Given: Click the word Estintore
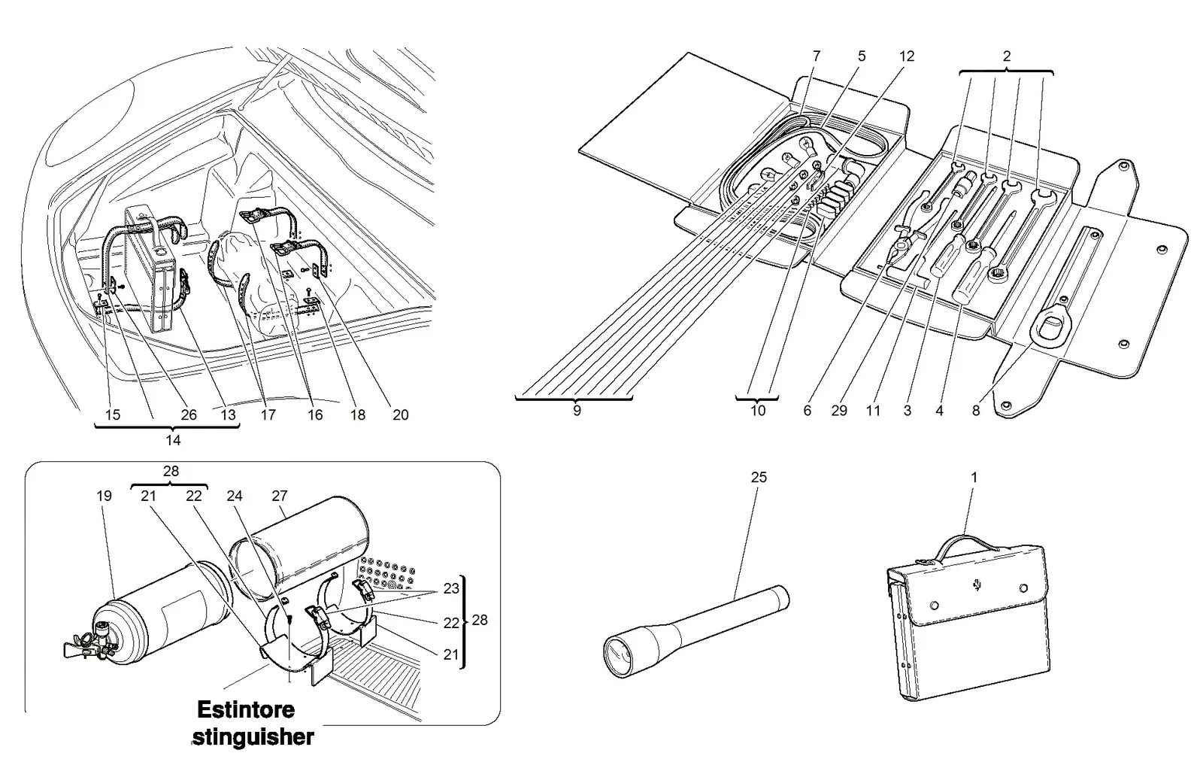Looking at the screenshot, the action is click(246, 709).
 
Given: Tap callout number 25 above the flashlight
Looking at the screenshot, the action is click(759, 477).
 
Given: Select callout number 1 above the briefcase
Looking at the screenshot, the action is click(974, 477).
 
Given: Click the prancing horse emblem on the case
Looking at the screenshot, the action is click(977, 584).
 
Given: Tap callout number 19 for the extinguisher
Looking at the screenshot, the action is click(105, 496).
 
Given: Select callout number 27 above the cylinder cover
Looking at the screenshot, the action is click(279, 496).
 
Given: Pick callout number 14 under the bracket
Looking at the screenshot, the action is click(173, 440).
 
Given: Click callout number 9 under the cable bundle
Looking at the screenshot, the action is click(577, 411).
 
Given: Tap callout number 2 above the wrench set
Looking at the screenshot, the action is click(1007, 56).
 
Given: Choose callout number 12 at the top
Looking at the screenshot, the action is click(907, 56).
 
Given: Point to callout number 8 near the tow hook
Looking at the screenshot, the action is click(976, 411).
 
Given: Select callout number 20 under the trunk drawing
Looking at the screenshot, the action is click(401, 414).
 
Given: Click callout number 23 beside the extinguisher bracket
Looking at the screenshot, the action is click(451, 589).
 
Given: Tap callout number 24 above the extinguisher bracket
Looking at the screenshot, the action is click(234, 496).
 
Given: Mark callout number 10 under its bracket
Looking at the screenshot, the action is click(757, 411).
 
